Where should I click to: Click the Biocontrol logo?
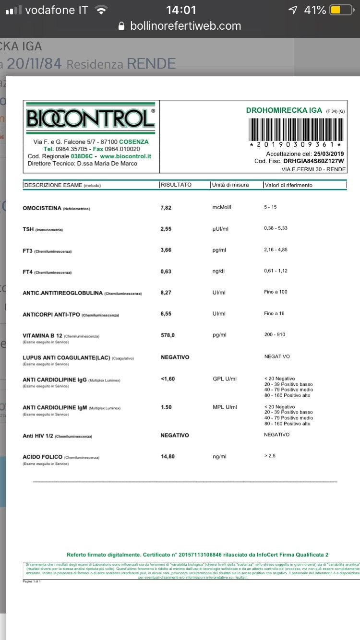point(91,118)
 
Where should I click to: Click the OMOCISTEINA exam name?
point(42,208)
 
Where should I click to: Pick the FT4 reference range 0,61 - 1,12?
point(276,272)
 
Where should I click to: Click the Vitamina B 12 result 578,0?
point(168,335)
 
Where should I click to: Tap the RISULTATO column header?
point(176,185)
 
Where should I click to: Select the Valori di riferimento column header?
point(288,185)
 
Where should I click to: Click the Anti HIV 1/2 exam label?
point(38,436)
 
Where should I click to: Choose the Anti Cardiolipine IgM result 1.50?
point(167,407)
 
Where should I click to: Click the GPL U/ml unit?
point(225,379)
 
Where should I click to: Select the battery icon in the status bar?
point(342,10)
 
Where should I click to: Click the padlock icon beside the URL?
point(121,26)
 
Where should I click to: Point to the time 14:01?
point(181,10)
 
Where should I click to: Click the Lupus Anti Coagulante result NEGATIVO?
point(175,357)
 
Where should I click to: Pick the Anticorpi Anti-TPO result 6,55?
point(166,314)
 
